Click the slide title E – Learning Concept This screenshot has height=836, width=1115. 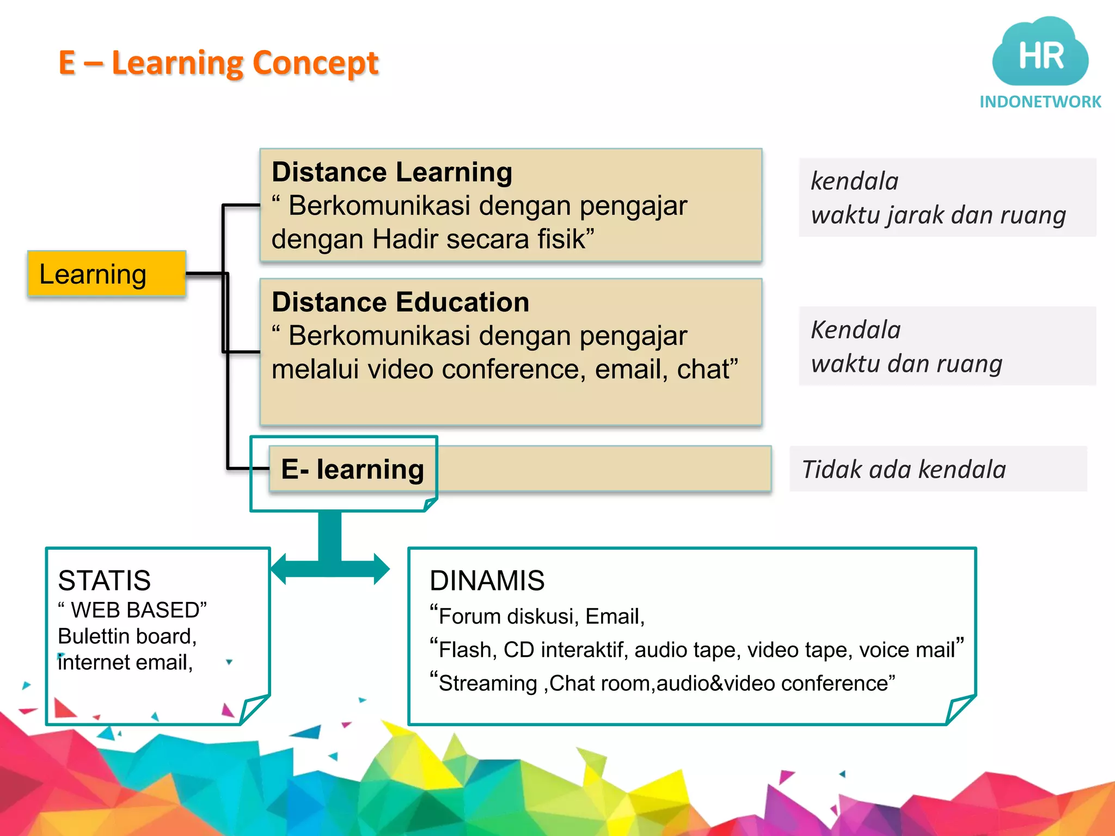(x=218, y=63)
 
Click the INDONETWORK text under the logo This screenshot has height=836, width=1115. (x=1040, y=102)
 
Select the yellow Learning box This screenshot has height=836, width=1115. (x=106, y=274)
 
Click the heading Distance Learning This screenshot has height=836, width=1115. (x=392, y=172)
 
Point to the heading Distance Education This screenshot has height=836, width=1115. (x=400, y=302)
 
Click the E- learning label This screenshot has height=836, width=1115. (x=352, y=469)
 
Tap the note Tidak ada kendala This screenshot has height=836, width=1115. (x=904, y=469)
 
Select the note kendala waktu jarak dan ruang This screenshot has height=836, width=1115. (x=938, y=198)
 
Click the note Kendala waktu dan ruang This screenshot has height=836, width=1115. (x=906, y=346)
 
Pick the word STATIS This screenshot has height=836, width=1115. (x=105, y=580)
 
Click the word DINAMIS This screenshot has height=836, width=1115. (x=487, y=580)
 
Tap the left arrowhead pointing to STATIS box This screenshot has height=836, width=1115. (x=279, y=569)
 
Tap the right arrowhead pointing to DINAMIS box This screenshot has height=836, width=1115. (x=382, y=569)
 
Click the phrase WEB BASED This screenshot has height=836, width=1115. (x=138, y=610)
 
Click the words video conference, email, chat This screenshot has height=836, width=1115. (x=553, y=370)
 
